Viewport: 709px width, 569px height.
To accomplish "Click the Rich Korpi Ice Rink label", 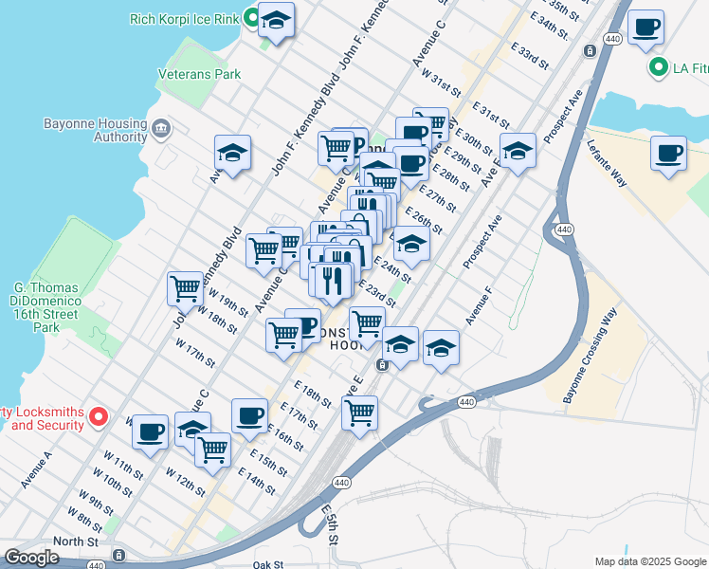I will pos(185,17).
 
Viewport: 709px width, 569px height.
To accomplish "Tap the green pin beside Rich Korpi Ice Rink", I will pos(251,17).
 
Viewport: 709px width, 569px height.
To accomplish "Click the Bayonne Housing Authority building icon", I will pos(159,127).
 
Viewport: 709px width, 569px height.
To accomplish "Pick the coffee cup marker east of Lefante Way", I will pos(668,153).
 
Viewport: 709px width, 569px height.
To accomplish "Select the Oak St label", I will pos(268,564).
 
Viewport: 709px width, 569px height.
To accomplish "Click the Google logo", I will pos(31,558).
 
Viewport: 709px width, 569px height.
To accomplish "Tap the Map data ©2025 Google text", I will pos(649,561).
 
